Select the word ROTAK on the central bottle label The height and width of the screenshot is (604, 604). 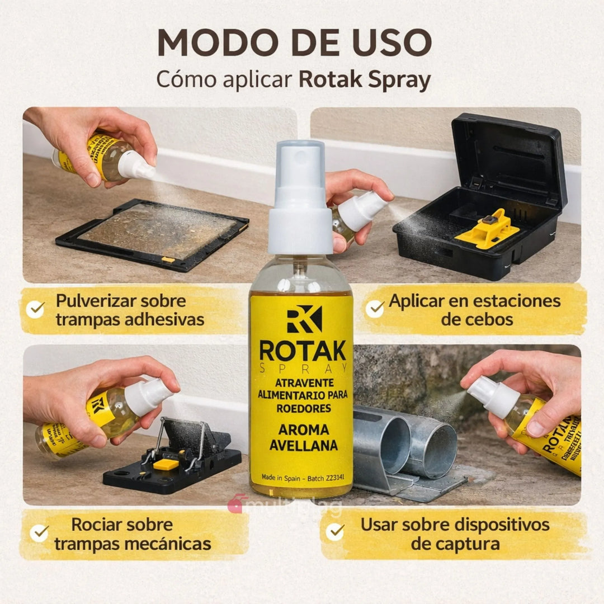pyautogui.click(x=303, y=351)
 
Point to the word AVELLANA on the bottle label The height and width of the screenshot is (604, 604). pyautogui.click(x=303, y=446)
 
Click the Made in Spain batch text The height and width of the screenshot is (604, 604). pyautogui.click(x=303, y=478)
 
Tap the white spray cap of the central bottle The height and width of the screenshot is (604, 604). pyautogui.click(x=301, y=196)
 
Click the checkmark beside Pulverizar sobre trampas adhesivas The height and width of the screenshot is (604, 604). pyautogui.click(x=36, y=309)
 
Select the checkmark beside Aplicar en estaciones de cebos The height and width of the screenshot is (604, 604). pyautogui.click(x=375, y=309)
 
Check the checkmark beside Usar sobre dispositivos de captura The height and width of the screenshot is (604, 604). pyautogui.click(x=336, y=532)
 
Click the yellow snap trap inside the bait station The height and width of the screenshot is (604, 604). pyautogui.click(x=487, y=229)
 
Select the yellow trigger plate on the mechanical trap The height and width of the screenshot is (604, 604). pyautogui.click(x=166, y=464)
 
